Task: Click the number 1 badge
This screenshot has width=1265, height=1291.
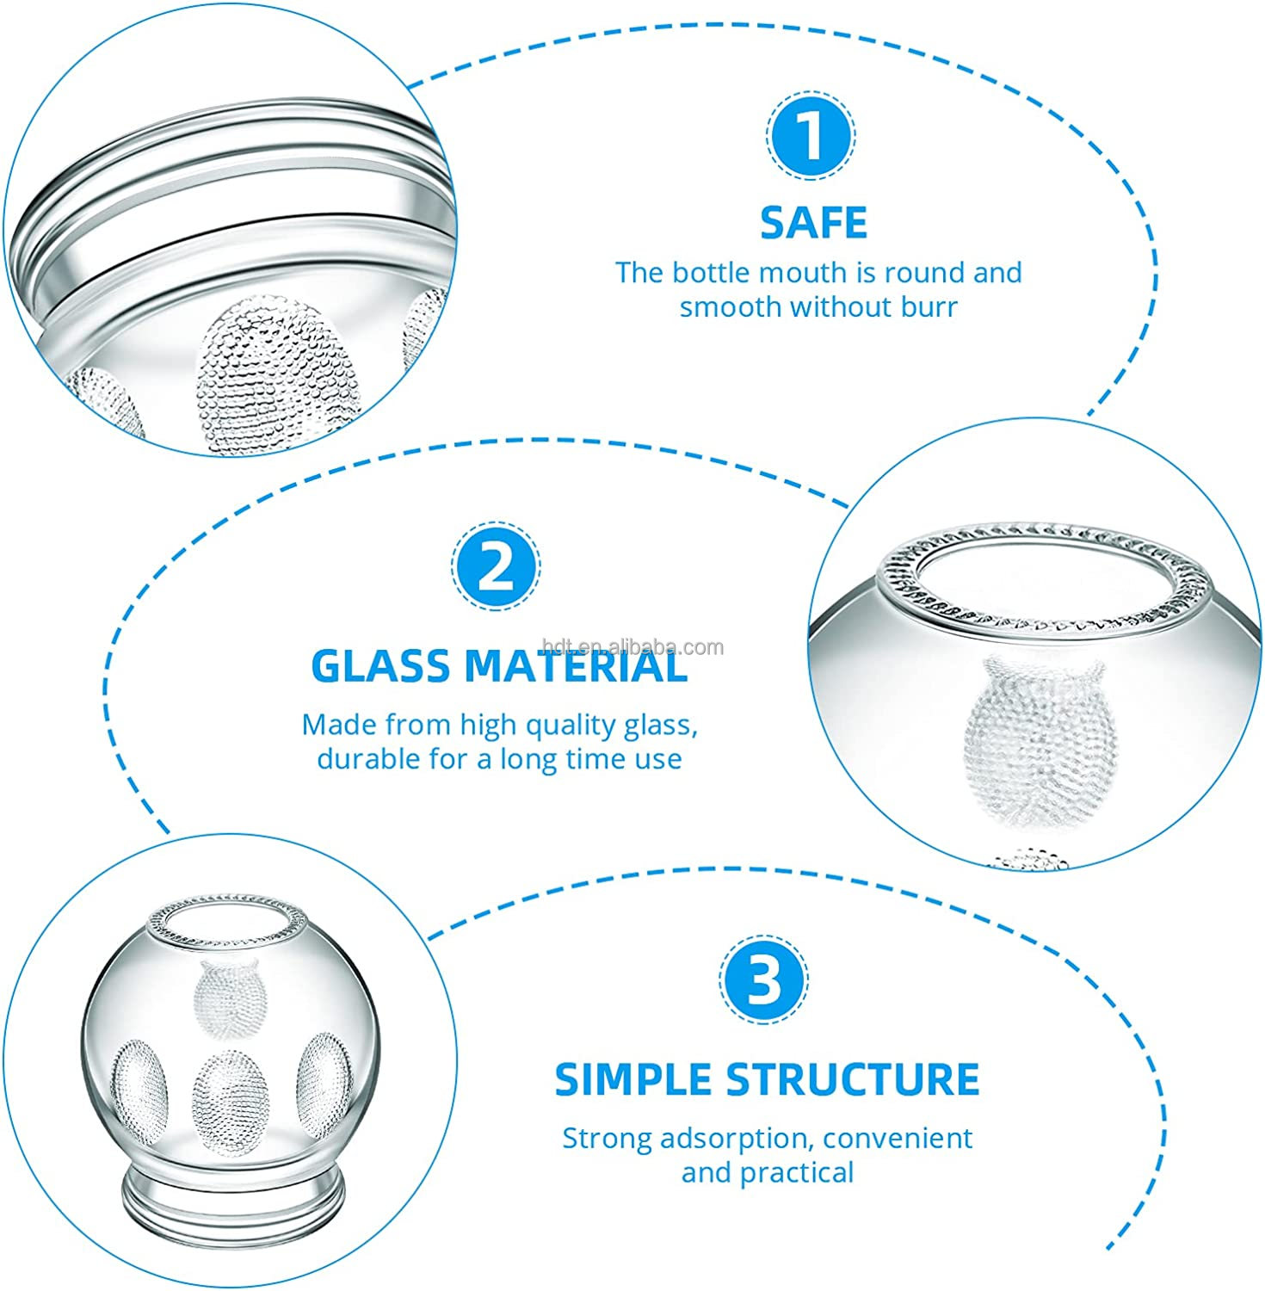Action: [810, 136]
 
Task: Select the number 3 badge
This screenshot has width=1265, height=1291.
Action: [763, 981]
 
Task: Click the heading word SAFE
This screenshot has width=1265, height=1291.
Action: [813, 223]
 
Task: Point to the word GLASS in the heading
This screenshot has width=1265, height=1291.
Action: [379, 666]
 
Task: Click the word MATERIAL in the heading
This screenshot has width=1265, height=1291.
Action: [576, 666]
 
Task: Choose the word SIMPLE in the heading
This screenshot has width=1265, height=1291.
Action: [632, 1079]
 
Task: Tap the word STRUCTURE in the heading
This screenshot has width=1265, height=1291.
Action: [853, 1079]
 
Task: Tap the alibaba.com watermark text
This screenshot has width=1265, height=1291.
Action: [634, 647]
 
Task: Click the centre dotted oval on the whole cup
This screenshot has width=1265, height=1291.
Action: [228, 1093]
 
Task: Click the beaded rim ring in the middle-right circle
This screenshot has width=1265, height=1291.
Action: [1041, 540]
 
